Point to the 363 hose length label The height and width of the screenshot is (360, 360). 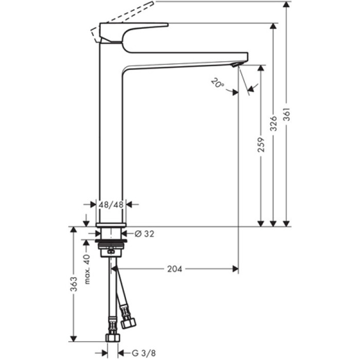(x=74, y=283)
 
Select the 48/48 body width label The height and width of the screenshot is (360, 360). (x=111, y=204)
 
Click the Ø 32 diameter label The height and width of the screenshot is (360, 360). (x=144, y=233)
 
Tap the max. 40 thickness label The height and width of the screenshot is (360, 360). (x=87, y=269)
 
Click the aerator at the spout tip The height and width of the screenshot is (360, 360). (x=236, y=64)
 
